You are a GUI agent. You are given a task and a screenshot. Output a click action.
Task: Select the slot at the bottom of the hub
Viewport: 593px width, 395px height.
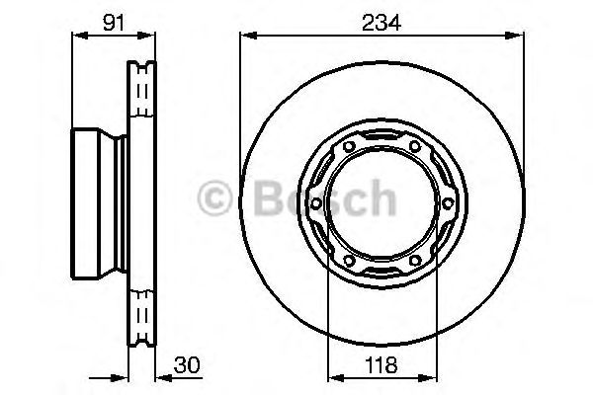pos(381,274)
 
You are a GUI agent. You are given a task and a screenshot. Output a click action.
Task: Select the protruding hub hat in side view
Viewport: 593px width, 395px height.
pos(95,204)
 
